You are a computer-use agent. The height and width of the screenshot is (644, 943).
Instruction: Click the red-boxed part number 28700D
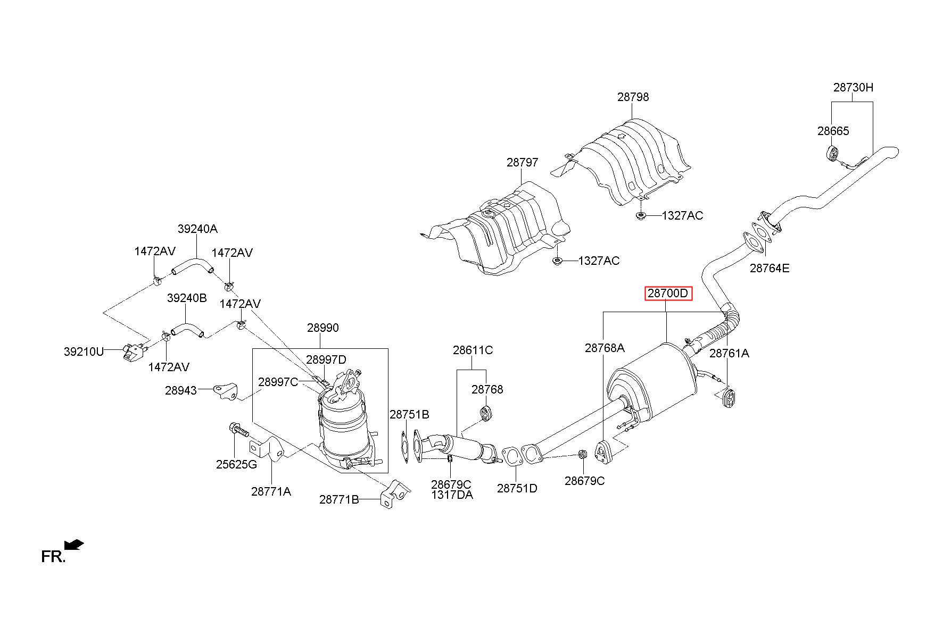[668, 293]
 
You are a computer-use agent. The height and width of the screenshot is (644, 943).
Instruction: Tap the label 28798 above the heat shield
[633, 97]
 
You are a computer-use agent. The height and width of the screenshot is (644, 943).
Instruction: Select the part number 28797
[522, 163]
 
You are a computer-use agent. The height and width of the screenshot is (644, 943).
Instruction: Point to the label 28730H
[853, 88]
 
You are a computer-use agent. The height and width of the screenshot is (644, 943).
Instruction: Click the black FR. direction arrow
[73, 545]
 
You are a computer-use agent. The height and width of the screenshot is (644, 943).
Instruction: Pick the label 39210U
[84, 352]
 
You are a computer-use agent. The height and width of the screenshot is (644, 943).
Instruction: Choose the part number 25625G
[236, 465]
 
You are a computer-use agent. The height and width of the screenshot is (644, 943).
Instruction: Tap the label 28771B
[340, 500]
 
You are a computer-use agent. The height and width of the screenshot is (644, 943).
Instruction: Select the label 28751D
[517, 488]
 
